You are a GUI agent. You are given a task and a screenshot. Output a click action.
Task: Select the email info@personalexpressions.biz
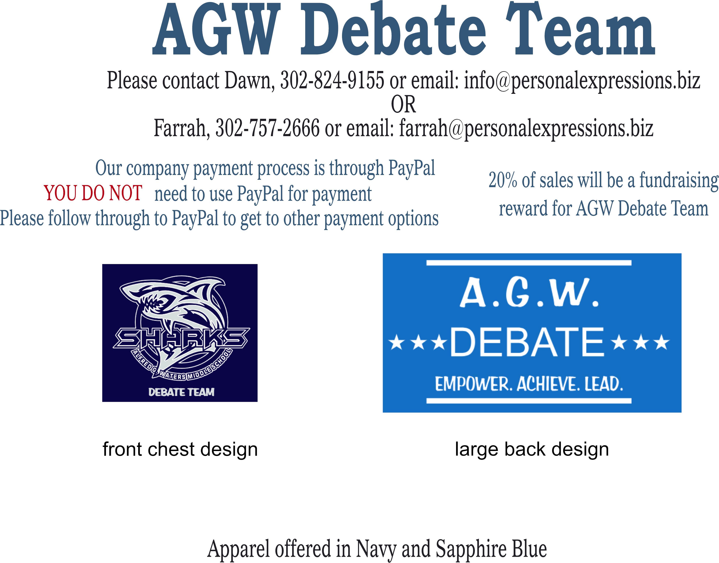tap(582, 81)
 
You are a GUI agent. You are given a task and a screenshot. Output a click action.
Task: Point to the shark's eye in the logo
tap(164, 301)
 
